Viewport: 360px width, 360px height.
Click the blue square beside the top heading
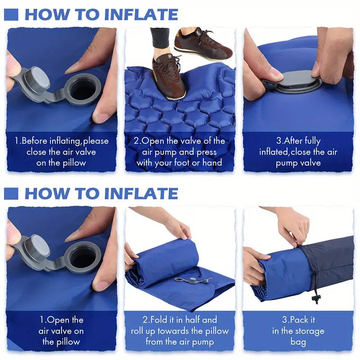[x=11, y=15]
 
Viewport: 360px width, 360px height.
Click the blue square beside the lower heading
[x=11, y=193]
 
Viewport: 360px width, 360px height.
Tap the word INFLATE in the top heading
[x=141, y=15]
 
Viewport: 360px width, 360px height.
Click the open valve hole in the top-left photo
[x=82, y=90]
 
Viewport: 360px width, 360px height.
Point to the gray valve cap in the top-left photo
[x=37, y=78]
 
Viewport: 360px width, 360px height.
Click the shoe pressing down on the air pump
[x=168, y=77]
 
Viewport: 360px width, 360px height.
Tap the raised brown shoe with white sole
[x=203, y=45]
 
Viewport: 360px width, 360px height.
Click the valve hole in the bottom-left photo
[x=82, y=257]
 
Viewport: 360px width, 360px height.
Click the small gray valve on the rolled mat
[x=193, y=280]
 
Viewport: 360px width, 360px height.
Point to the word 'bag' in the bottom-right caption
[x=298, y=342]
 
